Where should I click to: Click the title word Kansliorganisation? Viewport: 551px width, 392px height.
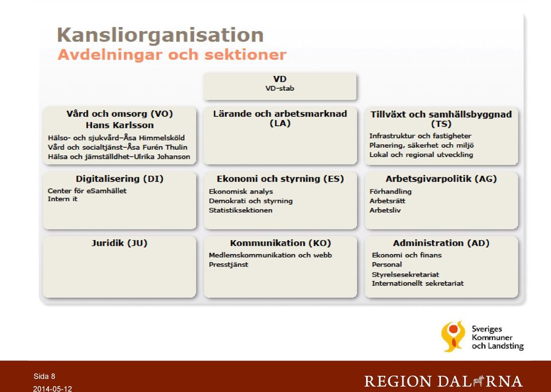[160, 36]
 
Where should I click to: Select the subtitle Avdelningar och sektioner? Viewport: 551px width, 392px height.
[172, 55]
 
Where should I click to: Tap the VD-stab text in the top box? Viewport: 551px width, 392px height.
[280, 89]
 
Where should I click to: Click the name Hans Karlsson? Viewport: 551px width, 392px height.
[120, 125]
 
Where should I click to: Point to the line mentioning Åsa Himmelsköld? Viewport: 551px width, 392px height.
[117, 138]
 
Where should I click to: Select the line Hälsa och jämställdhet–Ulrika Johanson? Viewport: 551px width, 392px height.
[119, 157]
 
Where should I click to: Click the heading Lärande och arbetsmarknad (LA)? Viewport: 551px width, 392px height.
[280, 118]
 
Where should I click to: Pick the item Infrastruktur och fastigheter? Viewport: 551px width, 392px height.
[420, 136]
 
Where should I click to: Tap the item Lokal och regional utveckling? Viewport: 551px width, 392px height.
[421, 155]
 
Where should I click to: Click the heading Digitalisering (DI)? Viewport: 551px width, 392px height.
[120, 179]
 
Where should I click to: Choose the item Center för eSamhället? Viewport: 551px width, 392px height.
[87, 191]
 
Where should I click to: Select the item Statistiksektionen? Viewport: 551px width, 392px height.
[240, 210]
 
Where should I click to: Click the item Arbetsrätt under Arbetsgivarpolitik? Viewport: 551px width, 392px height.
[387, 201]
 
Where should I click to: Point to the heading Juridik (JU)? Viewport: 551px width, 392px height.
[119, 243]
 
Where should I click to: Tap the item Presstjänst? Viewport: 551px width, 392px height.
[228, 264]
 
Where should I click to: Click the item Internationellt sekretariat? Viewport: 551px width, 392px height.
[418, 283]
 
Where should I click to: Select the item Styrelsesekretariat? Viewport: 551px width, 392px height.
[406, 275]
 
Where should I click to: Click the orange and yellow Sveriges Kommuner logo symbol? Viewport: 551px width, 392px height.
[453, 336]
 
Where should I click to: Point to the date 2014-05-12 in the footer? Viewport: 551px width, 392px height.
[52, 389]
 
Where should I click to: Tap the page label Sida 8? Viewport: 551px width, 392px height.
[44, 376]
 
